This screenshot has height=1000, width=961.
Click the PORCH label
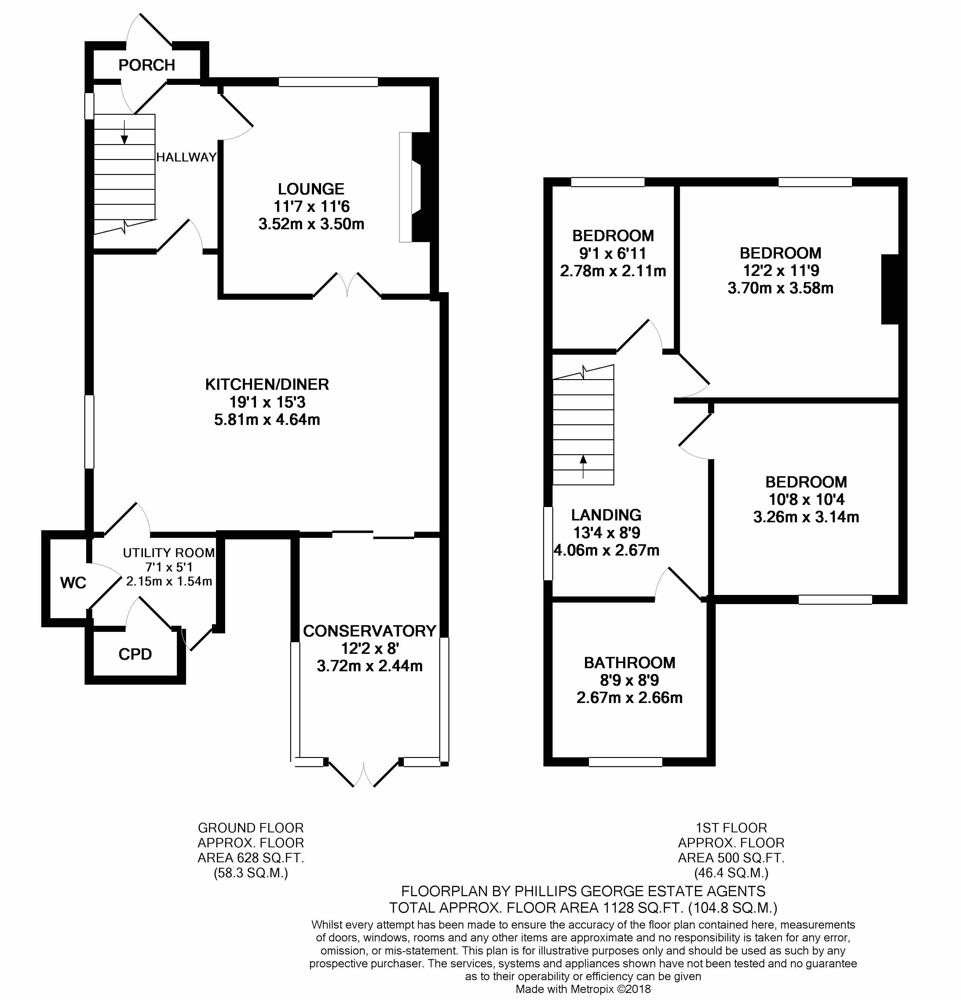147,65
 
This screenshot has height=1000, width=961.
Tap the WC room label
73,583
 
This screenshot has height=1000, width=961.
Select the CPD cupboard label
135,654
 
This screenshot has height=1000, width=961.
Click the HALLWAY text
186,157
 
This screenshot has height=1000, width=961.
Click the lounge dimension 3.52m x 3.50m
311,224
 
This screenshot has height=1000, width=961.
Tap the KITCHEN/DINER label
267,384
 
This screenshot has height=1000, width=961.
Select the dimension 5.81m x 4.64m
267,419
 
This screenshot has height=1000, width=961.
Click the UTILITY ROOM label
169,553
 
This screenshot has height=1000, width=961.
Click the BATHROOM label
630,663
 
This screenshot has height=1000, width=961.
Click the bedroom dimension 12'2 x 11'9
780,270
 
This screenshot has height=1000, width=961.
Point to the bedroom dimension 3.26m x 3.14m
806,517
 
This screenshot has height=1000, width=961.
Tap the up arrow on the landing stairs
583,466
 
